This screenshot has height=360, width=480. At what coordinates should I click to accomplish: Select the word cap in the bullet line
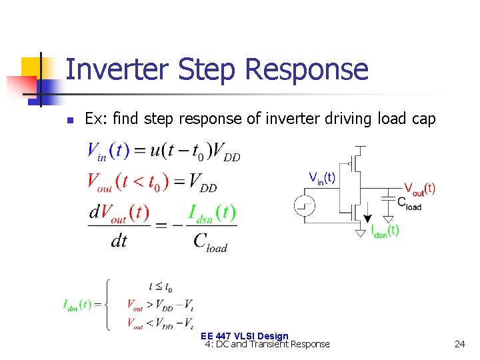click(x=423, y=119)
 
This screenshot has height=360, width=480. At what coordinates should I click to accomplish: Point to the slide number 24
click(x=459, y=344)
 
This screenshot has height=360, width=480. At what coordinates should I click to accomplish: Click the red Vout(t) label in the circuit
click(x=420, y=189)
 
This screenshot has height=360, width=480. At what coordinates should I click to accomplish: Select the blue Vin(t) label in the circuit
click(x=322, y=178)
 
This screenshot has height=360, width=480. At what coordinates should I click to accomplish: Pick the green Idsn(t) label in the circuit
click(x=385, y=231)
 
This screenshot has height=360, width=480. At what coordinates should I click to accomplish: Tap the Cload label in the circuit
click(x=409, y=203)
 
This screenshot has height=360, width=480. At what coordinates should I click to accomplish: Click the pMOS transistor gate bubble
click(x=349, y=163)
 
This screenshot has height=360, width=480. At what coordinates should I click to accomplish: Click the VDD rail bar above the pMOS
click(x=361, y=145)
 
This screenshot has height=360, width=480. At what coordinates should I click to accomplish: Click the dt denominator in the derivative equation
click(x=119, y=241)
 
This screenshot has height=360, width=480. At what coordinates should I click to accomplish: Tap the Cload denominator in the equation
click(x=210, y=241)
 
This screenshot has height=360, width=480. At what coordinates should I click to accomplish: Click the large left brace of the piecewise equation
click(x=107, y=305)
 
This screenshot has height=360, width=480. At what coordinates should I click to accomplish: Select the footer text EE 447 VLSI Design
click(x=244, y=337)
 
